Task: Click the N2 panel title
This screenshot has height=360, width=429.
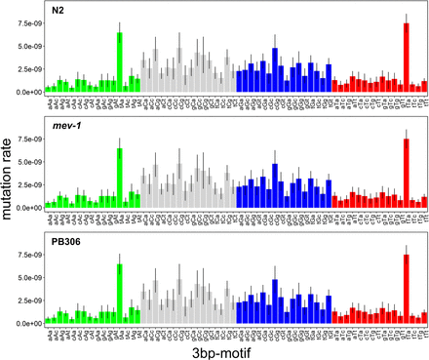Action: click(x=58, y=13)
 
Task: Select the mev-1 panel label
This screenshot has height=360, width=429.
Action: click(x=65, y=129)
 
